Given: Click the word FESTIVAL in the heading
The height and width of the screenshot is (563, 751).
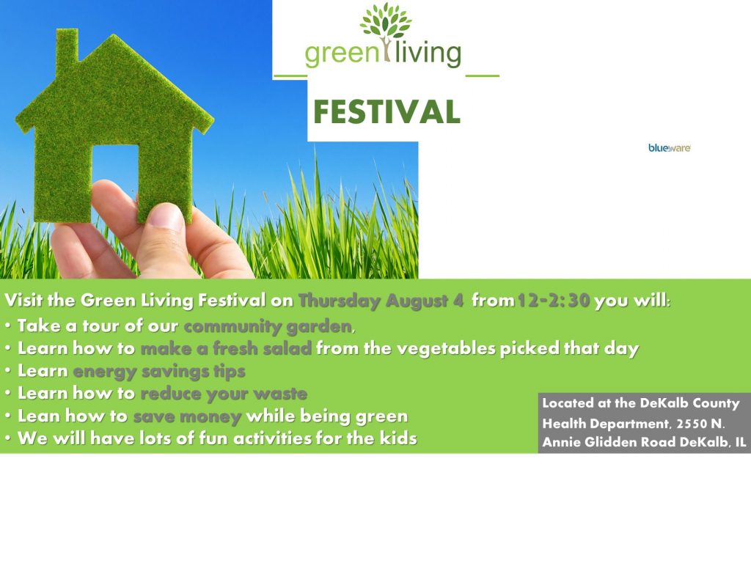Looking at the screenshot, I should click(387, 112).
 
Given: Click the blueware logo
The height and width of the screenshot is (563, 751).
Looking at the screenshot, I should click(669, 148).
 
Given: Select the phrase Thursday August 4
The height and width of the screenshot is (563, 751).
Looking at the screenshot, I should click(381, 301).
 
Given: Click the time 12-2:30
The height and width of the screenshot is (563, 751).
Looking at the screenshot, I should click(554, 301).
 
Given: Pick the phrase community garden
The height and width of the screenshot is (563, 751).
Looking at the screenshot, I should click(267, 325).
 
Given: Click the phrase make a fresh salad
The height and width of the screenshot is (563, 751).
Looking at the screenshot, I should click(226, 348).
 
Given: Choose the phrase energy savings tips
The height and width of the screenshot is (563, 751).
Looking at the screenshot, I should click(158, 371).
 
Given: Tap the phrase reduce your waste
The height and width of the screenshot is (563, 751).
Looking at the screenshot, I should click(223, 394).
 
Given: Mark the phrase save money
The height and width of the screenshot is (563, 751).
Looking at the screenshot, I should click(187, 416).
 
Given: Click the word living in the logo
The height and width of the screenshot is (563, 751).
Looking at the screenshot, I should click(428, 54).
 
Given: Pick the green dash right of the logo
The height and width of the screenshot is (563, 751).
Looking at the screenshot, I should click(482, 76).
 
